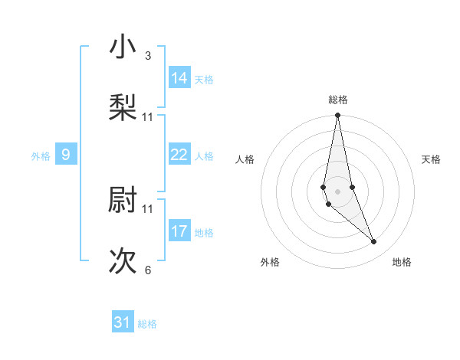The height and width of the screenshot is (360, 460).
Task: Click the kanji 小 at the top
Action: [x=123, y=48]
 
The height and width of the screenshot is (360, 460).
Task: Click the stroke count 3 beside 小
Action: [x=148, y=56]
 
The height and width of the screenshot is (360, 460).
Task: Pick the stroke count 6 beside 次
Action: [x=148, y=270]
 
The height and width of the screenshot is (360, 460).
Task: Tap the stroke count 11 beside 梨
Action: [x=148, y=117]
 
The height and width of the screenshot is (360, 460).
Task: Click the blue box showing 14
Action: [x=179, y=77]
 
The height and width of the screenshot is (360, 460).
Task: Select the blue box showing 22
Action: [x=179, y=155]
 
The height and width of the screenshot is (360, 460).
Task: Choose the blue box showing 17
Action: [x=179, y=231]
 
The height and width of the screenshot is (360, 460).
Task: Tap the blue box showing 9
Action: [x=66, y=155]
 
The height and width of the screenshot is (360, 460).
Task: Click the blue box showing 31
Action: [x=123, y=322]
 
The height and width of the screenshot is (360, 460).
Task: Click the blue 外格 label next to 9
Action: [x=41, y=156]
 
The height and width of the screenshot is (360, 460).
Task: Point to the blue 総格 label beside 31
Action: [x=147, y=324]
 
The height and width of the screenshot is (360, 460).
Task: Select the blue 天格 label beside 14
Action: [x=204, y=80]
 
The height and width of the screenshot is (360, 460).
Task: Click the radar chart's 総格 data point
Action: [x=337, y=116]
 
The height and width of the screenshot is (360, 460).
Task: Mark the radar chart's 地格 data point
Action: [x=374, y=242]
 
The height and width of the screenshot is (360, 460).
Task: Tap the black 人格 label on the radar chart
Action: [x=245, y=159]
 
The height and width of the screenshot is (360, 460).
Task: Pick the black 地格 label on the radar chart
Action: [x=402, y=262]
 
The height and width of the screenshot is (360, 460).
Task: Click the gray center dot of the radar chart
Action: [x=337, y=191]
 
